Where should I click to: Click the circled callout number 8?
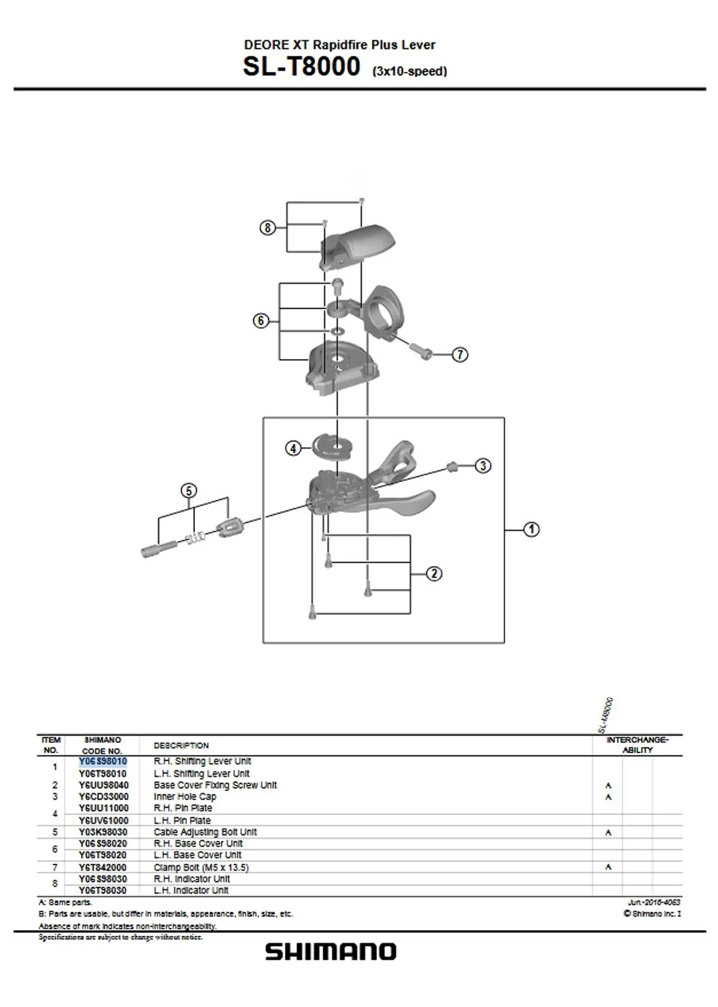(x=267, y=228)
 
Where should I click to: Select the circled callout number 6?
(x=261, y=321)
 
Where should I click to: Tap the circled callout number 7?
(x=460, y=355)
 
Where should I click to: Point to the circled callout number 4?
(x=293, y=448)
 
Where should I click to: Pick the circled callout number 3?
(x=483, y=466)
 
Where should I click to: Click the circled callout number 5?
(x=188, y=491)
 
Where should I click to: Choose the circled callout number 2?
(x=434, y=573)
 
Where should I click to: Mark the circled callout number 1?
(x=531, y=529)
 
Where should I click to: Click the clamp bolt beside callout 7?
(x=422, y=350)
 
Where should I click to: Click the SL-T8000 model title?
(x=301, y=66)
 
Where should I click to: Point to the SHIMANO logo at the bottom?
(x=330, y=952)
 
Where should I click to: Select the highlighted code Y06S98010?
(x=103, y=761)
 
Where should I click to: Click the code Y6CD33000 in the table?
(x=104, y=797)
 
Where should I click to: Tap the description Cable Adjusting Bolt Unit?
(x=205, y=832)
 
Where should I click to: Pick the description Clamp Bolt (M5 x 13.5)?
(x=201, y=867)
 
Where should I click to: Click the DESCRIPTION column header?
(x=181, y=745)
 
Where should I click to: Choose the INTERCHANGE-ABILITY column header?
(x=637, y=744)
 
